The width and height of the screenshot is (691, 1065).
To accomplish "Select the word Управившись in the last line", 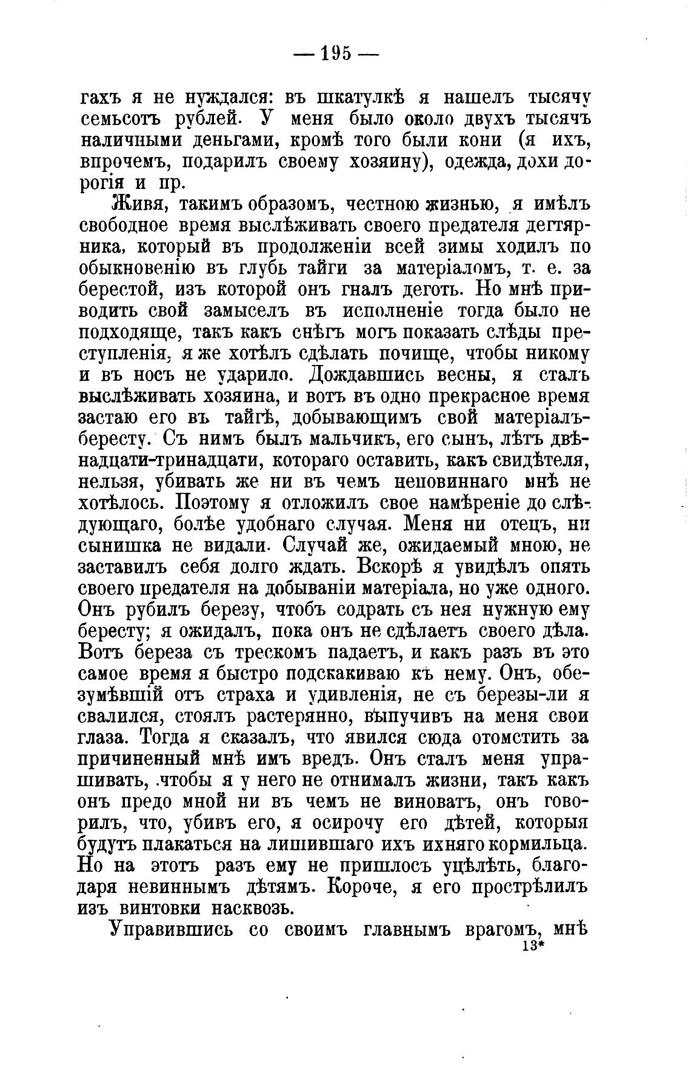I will click(x=172, y=930).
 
